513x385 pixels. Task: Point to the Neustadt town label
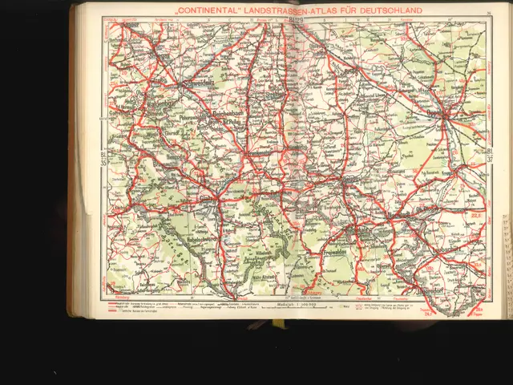click(x=399, y=216)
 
